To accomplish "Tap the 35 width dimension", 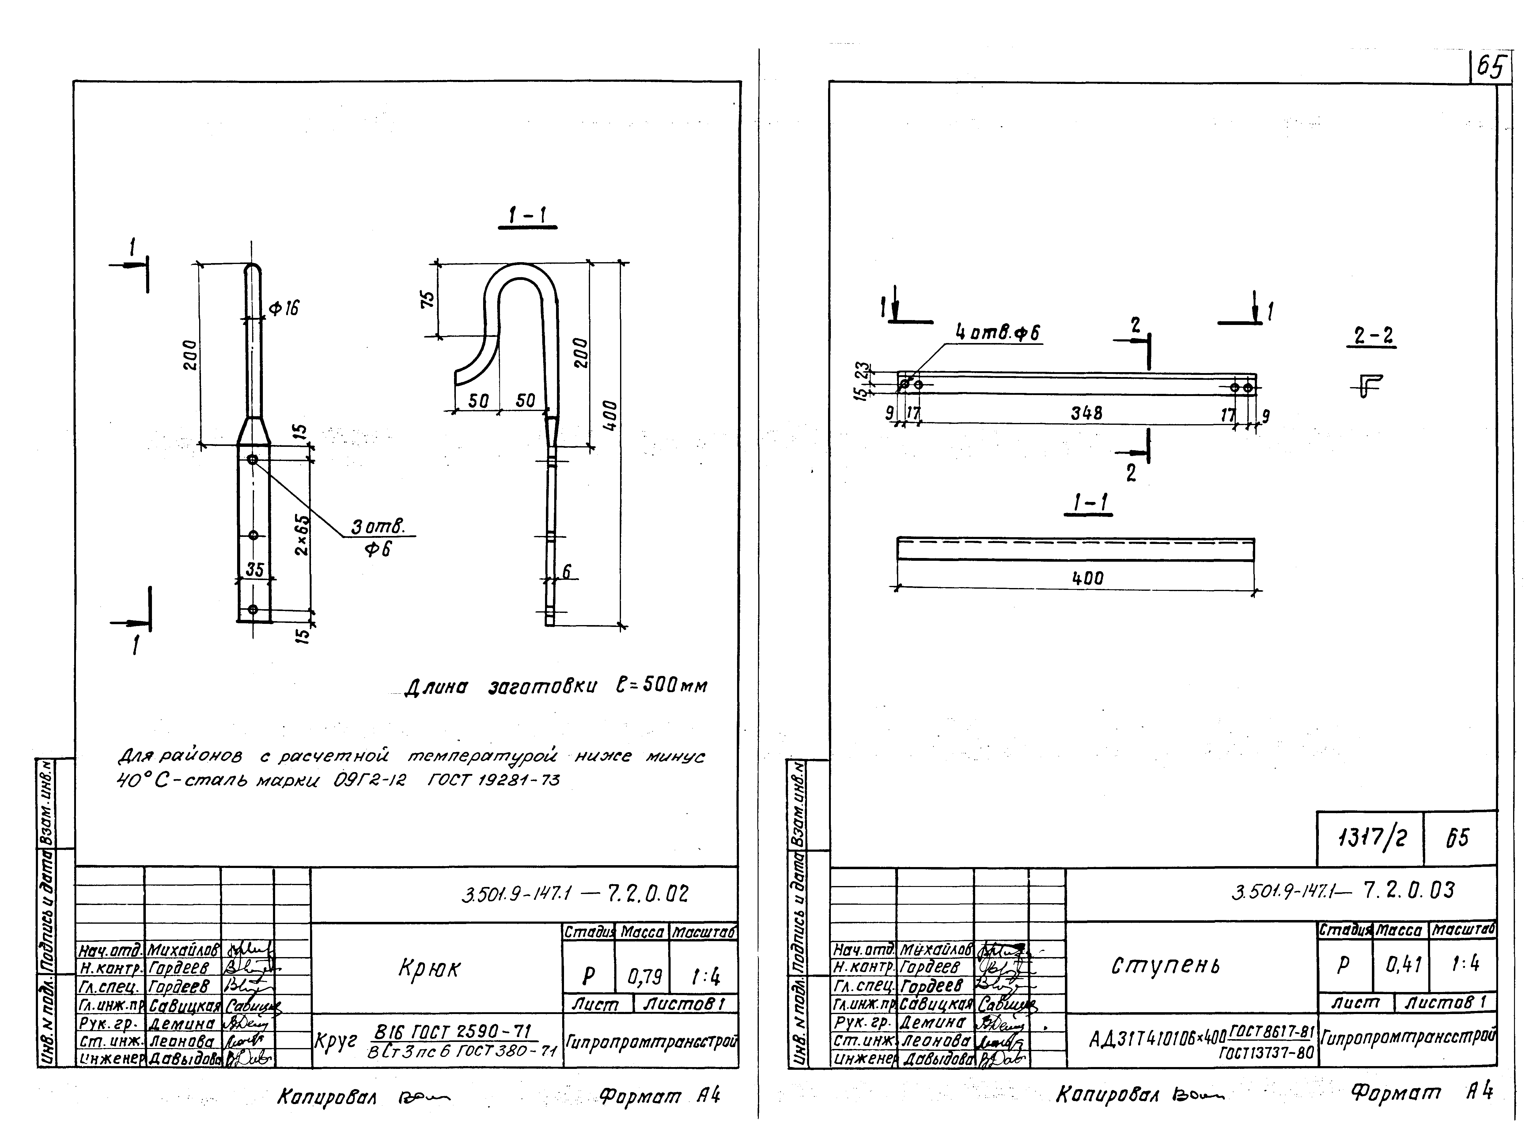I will [255, 570].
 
